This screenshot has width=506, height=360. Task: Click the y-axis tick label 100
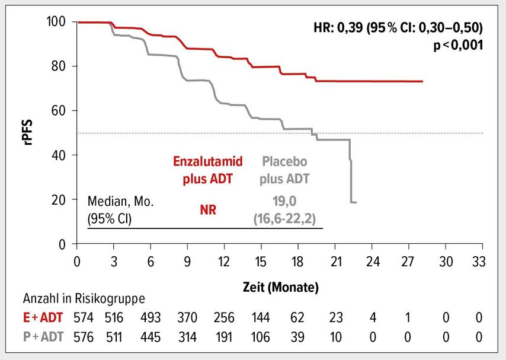coord(56,22)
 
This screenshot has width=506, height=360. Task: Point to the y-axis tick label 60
coord(59,110)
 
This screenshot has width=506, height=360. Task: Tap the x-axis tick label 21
coord(335,262)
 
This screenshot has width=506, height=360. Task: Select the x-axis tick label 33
coord(479,262)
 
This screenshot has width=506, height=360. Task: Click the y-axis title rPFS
coord(28,132)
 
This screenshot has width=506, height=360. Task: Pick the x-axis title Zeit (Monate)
coord(280,287)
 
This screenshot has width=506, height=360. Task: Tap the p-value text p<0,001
coord(458,45)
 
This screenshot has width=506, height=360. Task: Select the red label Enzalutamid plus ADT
coord(208,170)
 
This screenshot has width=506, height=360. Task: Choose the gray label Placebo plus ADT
coord(284,170)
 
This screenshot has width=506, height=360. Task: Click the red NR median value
coord(208,210)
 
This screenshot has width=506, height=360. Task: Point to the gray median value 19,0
coord(284,202)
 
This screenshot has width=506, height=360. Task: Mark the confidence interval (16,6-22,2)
coord(284,219)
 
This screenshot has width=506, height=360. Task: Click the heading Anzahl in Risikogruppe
coord(84,298)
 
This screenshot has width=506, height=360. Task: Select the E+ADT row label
coord(43,318)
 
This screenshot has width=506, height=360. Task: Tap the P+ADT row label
coord(43,337)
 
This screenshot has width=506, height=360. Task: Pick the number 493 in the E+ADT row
coord(150,318)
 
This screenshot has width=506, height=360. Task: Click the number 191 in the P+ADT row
coord(224,337)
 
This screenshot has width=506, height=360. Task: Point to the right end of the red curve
coord(422,81)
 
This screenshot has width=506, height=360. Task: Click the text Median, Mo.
coord(121,202)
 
